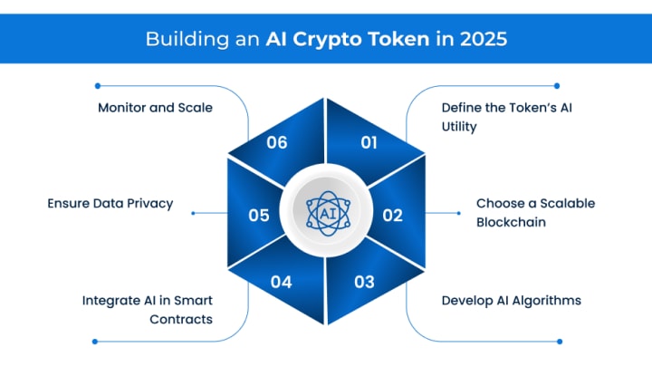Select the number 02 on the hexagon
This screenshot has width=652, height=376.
(392, 216)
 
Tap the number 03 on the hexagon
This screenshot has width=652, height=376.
(364, 282)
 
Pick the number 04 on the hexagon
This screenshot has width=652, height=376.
(281, 282)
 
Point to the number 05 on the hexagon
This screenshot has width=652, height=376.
(259, 216)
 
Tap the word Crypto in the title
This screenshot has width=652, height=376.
(340, 41)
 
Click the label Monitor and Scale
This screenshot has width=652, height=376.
(155, 107)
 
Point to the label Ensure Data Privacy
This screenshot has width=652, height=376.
(110, 204)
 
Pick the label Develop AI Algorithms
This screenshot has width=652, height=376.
(511, 300)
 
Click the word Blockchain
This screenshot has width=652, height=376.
(512, 221)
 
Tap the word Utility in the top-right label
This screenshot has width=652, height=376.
(459, 127)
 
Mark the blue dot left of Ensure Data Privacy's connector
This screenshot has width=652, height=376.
(193, 215)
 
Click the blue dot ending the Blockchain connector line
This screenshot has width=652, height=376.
(458, 214)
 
